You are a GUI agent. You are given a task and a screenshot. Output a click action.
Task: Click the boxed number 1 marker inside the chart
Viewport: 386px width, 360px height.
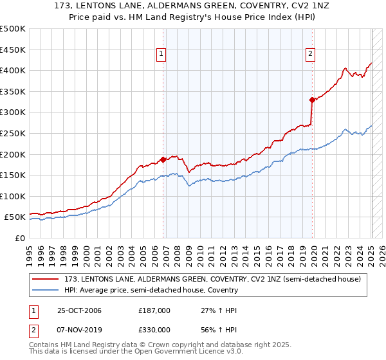click(x=161, y=55)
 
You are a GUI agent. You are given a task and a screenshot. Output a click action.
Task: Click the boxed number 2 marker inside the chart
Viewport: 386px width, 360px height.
click(x=310, y=55)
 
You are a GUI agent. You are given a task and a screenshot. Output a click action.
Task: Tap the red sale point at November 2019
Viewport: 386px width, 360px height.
click(x=312, y=100)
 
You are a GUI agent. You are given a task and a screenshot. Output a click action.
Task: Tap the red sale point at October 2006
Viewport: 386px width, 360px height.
click(x=163, y=159)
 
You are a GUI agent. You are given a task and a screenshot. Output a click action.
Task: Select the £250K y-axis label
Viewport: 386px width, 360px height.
click(x=13, y=133)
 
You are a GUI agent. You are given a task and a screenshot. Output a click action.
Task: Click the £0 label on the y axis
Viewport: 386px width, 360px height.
click(x=20, y=238)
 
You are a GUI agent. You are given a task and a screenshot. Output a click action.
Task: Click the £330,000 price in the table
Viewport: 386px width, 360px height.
click(x=154, y=330)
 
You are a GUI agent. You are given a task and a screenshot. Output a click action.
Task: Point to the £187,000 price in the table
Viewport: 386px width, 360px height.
click(x=154, y=310)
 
